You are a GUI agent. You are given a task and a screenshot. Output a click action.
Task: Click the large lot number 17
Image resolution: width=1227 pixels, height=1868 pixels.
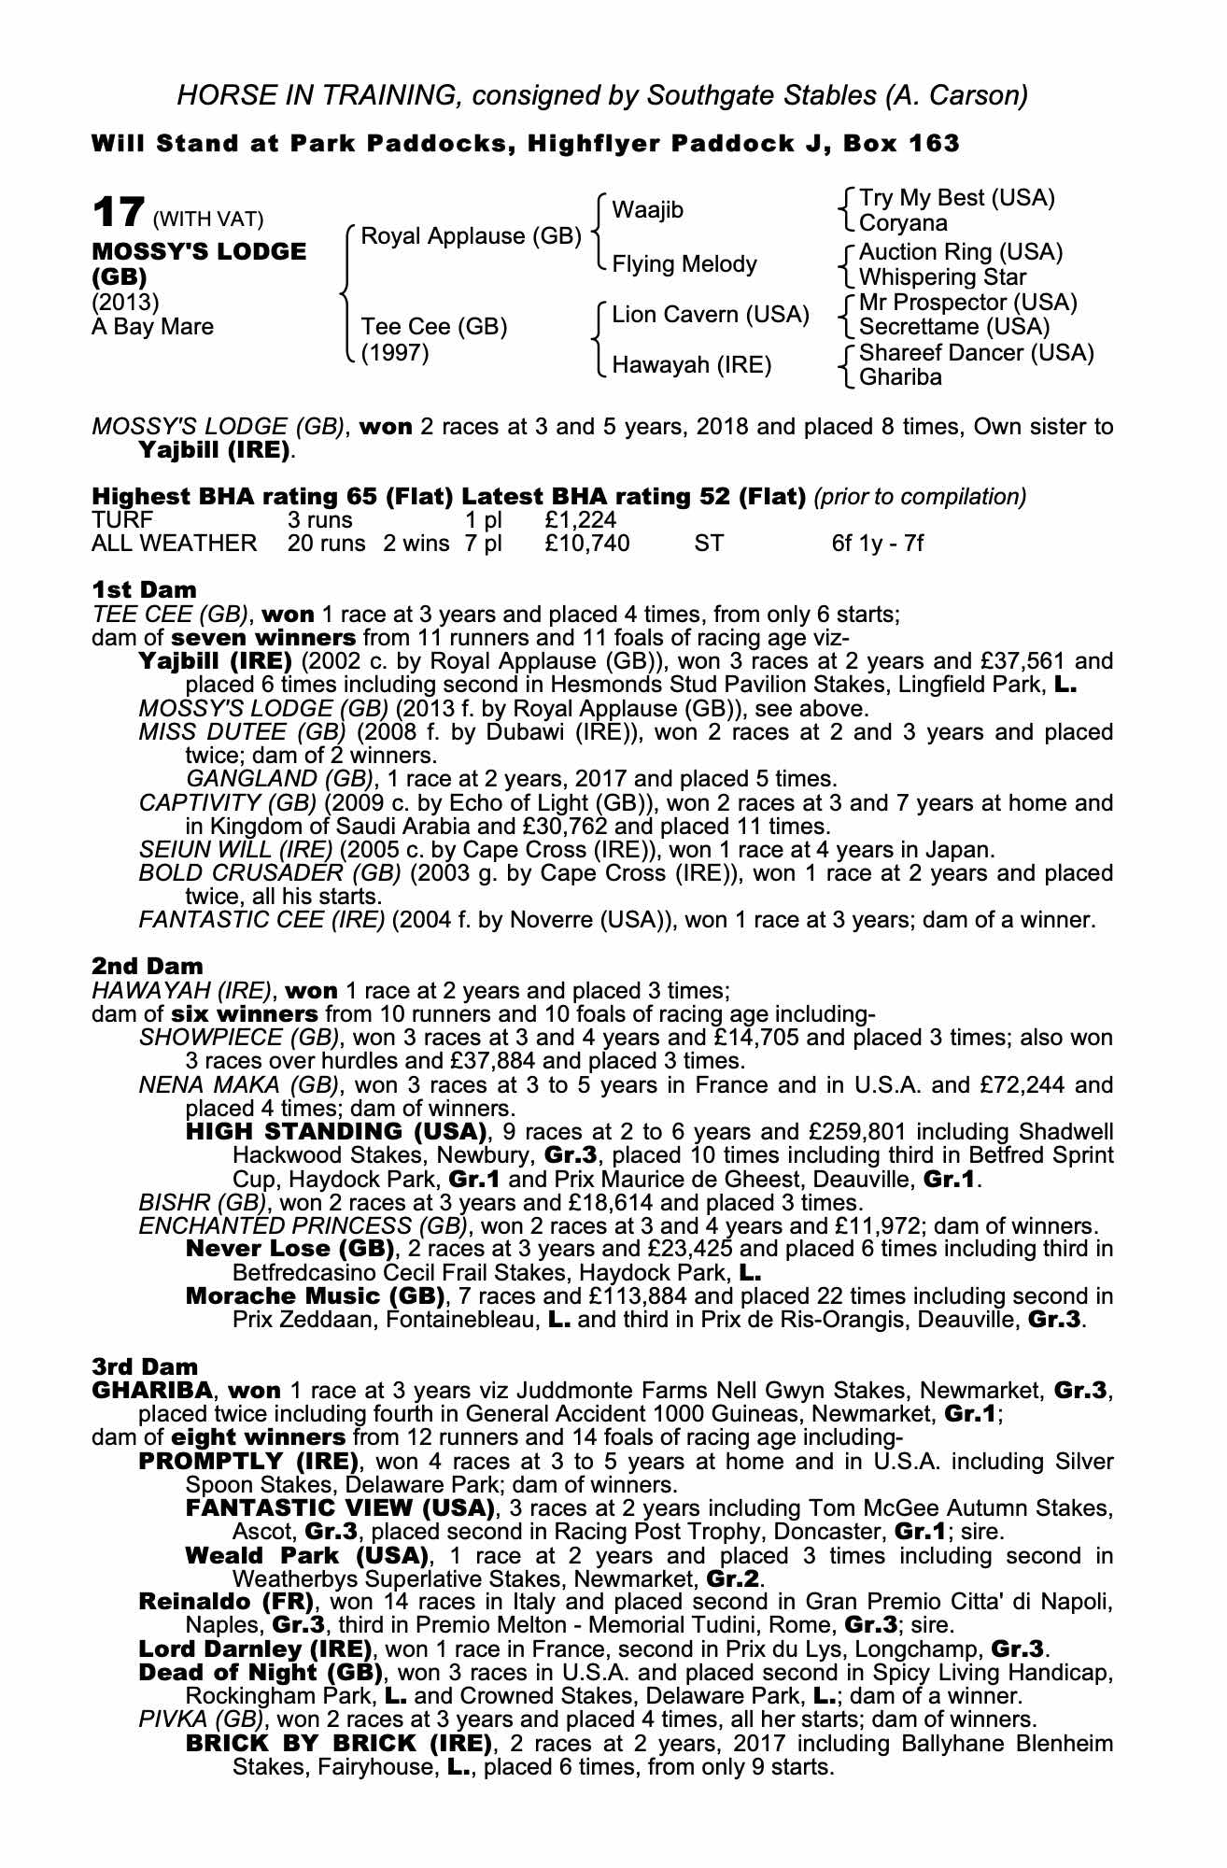click(119, 213)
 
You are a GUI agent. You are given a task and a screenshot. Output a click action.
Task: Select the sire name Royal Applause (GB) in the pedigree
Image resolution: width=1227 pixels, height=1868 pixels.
click(471, 236)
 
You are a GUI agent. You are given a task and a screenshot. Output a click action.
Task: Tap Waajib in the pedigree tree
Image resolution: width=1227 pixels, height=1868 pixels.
click(647, 210)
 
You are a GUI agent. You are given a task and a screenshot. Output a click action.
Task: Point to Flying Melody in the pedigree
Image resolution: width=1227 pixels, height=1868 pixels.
click(684, 264)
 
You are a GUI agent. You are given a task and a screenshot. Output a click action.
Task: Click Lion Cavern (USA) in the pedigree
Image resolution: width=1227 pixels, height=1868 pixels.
click(710, 315)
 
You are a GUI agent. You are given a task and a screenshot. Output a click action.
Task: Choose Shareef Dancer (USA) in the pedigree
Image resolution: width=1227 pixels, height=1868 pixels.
click(976, 353)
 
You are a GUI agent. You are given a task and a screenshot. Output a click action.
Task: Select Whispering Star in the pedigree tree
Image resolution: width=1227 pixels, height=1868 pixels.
click(942, 277)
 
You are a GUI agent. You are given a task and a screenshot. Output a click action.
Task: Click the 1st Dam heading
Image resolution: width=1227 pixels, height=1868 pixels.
click(145, 589)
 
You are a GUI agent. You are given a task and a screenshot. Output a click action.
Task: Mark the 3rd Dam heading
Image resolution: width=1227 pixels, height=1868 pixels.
click(146, 1366)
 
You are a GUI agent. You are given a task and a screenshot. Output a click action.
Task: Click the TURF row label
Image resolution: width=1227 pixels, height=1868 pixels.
click(122, 519)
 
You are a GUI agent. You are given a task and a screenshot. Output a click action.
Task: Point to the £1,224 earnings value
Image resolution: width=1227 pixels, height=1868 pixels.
click(580, 519)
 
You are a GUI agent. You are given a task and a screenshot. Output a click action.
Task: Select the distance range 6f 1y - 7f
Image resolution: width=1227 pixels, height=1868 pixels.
click(877, 544)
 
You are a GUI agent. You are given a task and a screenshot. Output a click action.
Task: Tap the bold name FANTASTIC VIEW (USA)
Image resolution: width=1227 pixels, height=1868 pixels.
click(339, 1508)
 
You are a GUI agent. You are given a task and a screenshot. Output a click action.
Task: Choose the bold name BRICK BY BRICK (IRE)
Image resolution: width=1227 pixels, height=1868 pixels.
click(338, 1743)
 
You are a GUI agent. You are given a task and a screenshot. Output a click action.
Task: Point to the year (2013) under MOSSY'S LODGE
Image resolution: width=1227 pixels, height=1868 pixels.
click(125, 303)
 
